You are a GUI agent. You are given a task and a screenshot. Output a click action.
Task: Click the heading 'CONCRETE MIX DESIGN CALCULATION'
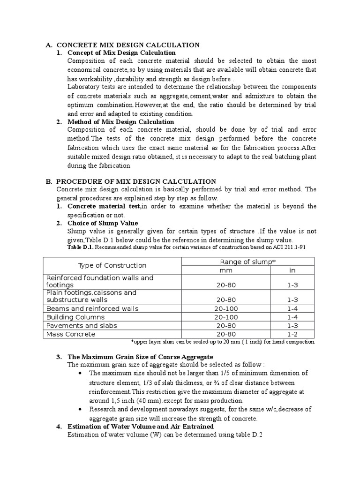coord(128,45)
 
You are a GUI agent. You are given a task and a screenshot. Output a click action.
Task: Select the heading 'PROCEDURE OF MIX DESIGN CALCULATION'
coord(136,181)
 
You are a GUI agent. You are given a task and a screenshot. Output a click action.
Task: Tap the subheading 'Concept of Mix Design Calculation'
coord(121,53)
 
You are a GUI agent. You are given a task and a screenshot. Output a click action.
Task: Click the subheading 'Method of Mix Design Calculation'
coord(121,122)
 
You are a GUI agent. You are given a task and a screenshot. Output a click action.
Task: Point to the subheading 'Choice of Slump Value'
coord(103,223)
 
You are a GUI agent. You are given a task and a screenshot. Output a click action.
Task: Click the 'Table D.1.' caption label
coord(81,247)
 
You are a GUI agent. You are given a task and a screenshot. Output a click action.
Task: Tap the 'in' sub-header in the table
coord(292,270)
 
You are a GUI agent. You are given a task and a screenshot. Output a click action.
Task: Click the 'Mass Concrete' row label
coord(70,334)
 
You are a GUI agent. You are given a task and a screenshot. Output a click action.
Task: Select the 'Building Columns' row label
coord(75,317)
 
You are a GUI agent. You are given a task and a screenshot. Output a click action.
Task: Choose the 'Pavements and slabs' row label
coord(82,325)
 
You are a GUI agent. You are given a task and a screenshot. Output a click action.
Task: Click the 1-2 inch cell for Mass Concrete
coord(292,334)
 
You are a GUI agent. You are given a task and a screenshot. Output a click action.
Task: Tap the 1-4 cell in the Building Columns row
coord(292,317)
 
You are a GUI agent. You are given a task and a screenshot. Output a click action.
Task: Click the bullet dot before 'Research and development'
coord(82,409)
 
